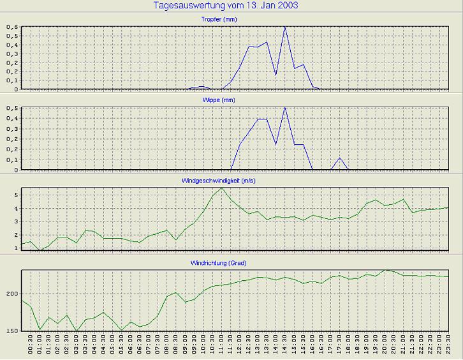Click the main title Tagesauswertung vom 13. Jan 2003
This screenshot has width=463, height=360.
(226, 6)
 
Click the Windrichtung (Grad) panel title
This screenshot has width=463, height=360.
(231, 263)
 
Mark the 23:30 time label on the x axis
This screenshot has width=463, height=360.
(449, 349)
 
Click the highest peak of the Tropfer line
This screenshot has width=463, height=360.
(285, 27)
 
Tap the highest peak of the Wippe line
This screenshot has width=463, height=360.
(285, 108)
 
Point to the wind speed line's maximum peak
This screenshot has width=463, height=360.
(221, 188)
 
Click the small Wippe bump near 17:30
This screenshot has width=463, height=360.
(340, 158)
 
